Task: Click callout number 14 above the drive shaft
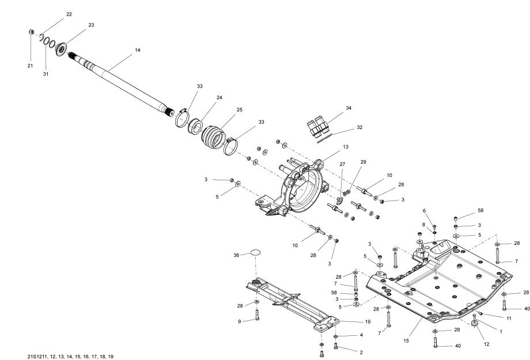click(x=137, y=51)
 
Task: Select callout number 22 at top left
click(x=69, y=13)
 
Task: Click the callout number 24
click(x=203, y=98)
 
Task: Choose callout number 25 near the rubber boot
click(x=224, y=109)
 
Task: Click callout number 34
click(x=349, y=108)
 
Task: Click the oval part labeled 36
click(x=254, y=253)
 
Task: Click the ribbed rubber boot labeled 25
click(x=215, y=139)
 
